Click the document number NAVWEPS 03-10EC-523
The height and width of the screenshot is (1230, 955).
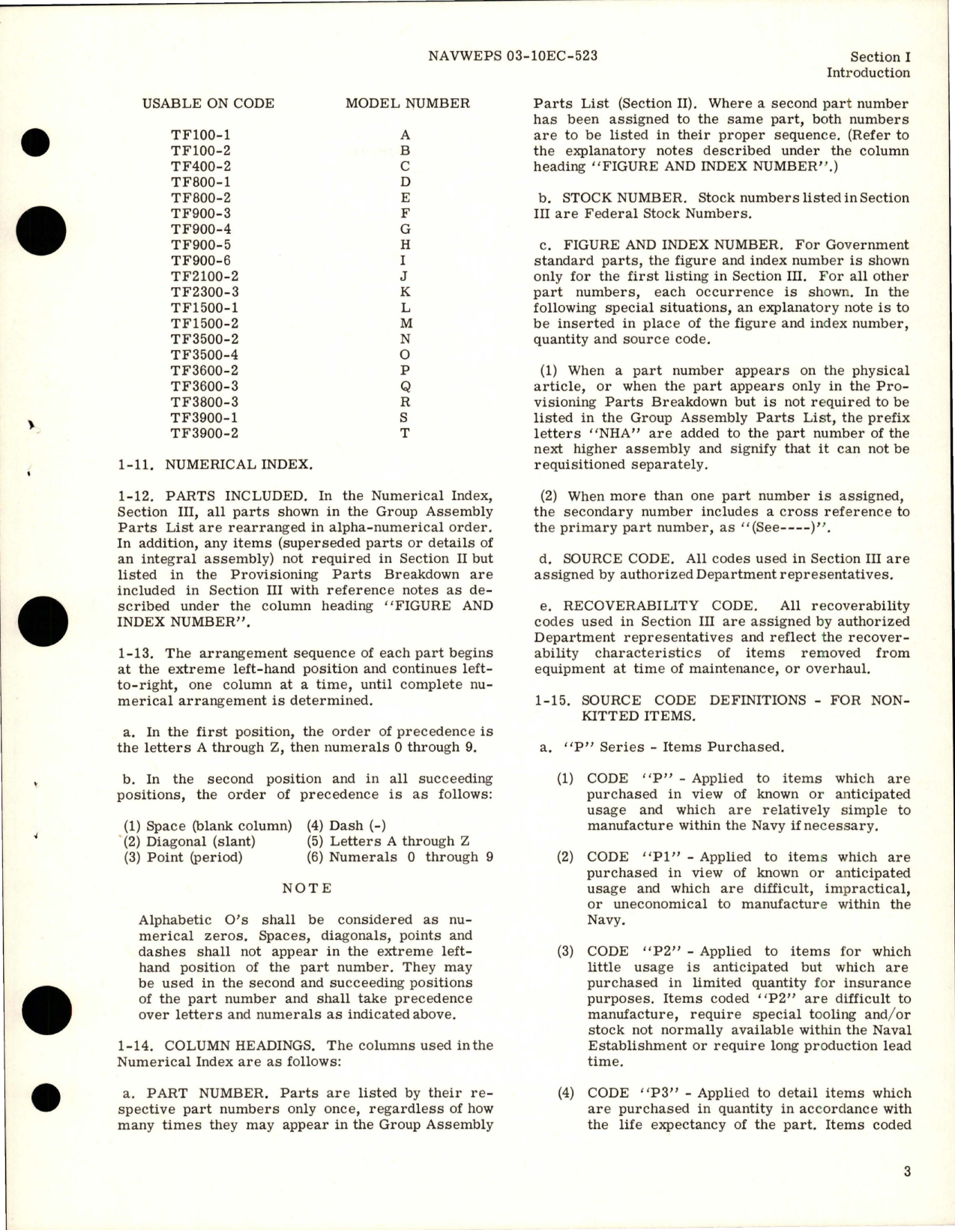[x=516, y=56]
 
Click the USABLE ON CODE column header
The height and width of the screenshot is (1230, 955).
[x=208, y=103]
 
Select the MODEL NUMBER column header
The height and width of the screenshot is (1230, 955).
[x=407, y=103]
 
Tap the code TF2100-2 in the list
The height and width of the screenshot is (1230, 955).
[x=204, y=276]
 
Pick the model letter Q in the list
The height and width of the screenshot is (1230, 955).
[x=405, y=386]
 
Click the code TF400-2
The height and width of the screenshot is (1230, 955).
[x=200, y=166]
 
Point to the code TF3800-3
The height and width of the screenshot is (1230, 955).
[x=204, y=402]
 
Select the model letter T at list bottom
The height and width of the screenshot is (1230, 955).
[x=405, y=433]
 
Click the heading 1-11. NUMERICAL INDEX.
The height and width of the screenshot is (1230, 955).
[x=214, y=465]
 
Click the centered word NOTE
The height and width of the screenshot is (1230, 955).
[x=306, y=888]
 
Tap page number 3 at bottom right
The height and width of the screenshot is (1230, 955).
[x=906, y=1172]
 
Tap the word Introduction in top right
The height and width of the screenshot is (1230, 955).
[x=867, y=73]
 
